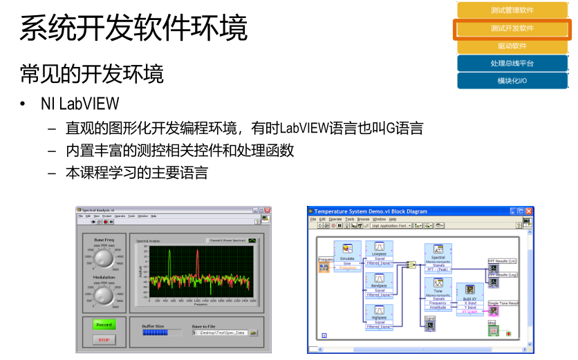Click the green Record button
point(104,325)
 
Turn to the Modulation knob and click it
point(104,296)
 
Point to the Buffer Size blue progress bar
point(155,332)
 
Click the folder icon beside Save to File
point(253,332)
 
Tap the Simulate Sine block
point(347,255)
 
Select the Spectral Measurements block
point(438,258)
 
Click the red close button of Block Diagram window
point(529,210)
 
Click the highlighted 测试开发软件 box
point(512,28)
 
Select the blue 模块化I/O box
point(512,81)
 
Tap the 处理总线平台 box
point(512,63)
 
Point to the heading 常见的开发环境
point(92,73)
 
